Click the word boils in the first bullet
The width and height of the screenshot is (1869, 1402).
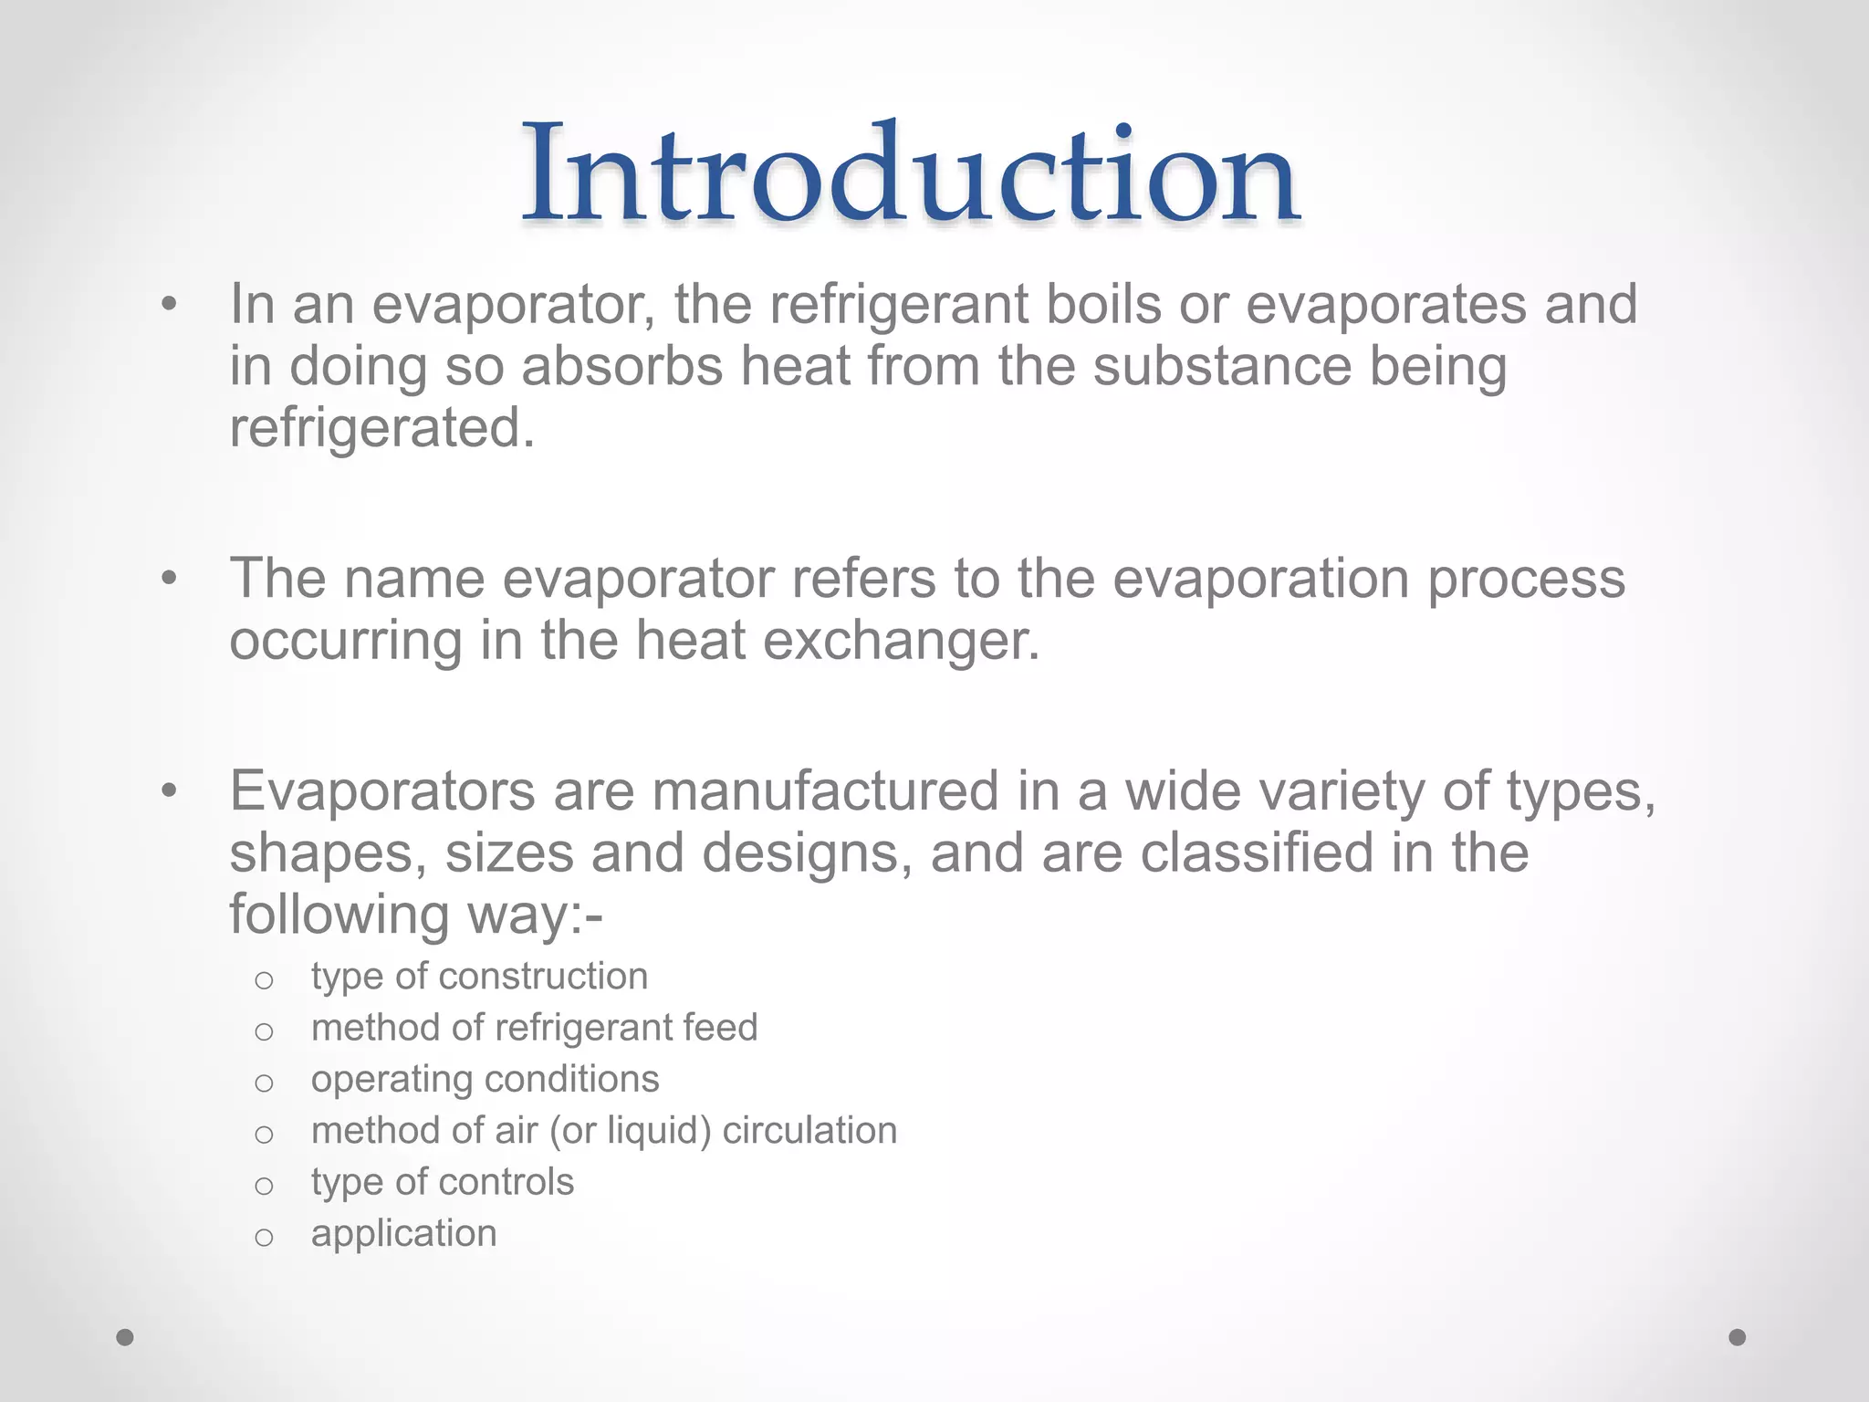(x=1102, y=304)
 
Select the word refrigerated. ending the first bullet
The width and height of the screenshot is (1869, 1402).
(x=381, y=428)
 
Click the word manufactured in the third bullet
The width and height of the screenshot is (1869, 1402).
(x=825, y=791)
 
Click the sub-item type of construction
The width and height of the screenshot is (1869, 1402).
(x=479, y=977)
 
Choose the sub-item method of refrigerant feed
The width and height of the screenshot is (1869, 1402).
(x=534, y=1028)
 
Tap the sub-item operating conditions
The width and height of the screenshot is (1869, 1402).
(x=485, y=1080)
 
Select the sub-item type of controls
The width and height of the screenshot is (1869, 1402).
(x=442, y=1182)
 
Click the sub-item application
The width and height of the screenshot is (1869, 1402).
(x=403, y=1234)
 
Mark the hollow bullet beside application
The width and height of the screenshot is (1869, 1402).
(x=264, y=1238)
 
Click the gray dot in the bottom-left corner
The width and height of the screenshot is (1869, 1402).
(x=125, y=1337)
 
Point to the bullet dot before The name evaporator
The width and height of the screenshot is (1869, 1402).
(x=168, y=580)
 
